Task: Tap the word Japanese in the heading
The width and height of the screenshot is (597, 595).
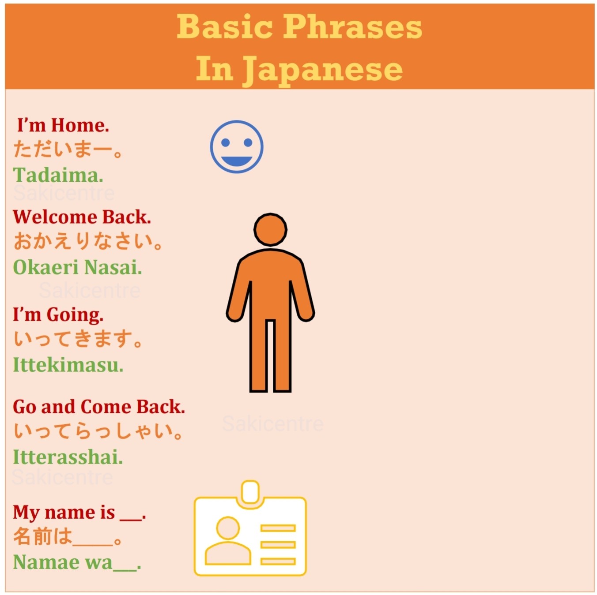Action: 323,70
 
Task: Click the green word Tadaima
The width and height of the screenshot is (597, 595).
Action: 58,175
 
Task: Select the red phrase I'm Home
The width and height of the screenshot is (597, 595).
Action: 63,125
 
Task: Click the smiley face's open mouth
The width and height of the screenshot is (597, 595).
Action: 236,161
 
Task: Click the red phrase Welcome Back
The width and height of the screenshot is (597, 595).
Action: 82,217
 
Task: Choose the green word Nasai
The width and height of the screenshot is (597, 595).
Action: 113,267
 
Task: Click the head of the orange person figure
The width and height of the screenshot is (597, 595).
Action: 270,229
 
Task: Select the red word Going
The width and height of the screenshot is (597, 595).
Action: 75,315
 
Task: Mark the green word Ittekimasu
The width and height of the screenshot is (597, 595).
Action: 68,365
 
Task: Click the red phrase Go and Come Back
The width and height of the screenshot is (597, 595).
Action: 99,407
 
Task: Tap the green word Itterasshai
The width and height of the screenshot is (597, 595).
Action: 68,457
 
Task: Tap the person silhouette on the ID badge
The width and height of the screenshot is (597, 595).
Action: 228,540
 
